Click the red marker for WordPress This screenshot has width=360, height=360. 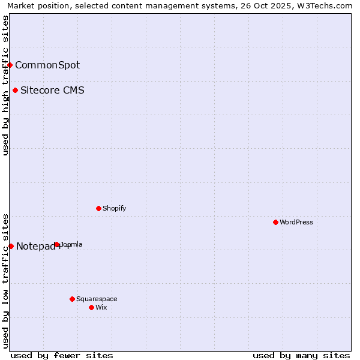pos(275,222)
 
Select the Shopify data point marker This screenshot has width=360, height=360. pos(98,208)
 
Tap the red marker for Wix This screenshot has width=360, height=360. pos(91,307)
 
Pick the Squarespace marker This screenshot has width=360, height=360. pos(72,299)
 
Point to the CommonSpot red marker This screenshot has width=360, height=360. pos(10,65)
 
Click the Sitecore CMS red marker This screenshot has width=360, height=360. pos(15,91)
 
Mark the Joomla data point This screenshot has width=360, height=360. pos(56,244)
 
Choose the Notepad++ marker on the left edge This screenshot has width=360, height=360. pos(11,246)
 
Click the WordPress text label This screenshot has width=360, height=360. pos(296,222)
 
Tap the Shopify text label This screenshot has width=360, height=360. pos(114,208)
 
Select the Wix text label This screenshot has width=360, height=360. pos(101,307)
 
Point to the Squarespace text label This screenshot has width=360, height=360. pos(97,299)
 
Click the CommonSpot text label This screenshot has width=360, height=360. pos(47,65)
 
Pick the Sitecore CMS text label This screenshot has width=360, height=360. pos(52,91)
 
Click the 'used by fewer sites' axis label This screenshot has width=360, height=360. pos(62,355)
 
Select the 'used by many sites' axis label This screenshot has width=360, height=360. pos(301,355)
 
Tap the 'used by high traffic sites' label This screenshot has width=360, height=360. pos(5,85)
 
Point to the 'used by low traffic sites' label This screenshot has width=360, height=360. pos(5,280)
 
